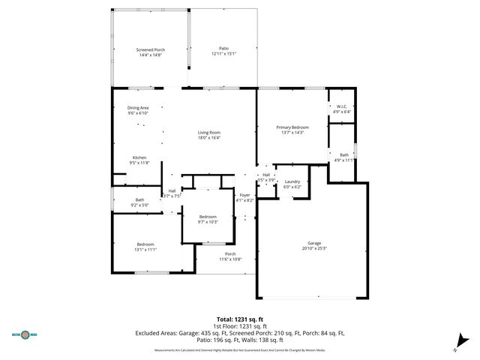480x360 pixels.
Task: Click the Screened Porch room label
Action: tap(151, 49)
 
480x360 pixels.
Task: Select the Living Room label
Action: tap(209, 132)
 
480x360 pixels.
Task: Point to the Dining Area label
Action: tap(138, 108)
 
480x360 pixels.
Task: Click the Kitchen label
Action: tap(140, 157)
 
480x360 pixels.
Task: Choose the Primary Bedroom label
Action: tap(292, 127)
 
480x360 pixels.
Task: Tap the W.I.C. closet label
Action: tap(341, 106)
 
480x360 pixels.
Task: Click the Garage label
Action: tap(314, 243)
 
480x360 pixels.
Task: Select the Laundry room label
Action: tap(292, 181)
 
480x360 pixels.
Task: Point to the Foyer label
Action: tap(245, 195)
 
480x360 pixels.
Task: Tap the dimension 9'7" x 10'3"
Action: tap(207, 221)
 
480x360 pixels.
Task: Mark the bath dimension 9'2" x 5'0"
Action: tap(140, 205)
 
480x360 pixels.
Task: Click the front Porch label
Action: tap(229, 254)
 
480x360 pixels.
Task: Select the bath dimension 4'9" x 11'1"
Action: tap(343, 160)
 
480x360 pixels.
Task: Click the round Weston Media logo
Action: tap(25, 334)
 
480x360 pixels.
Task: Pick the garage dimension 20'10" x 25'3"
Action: tap(314, 248)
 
